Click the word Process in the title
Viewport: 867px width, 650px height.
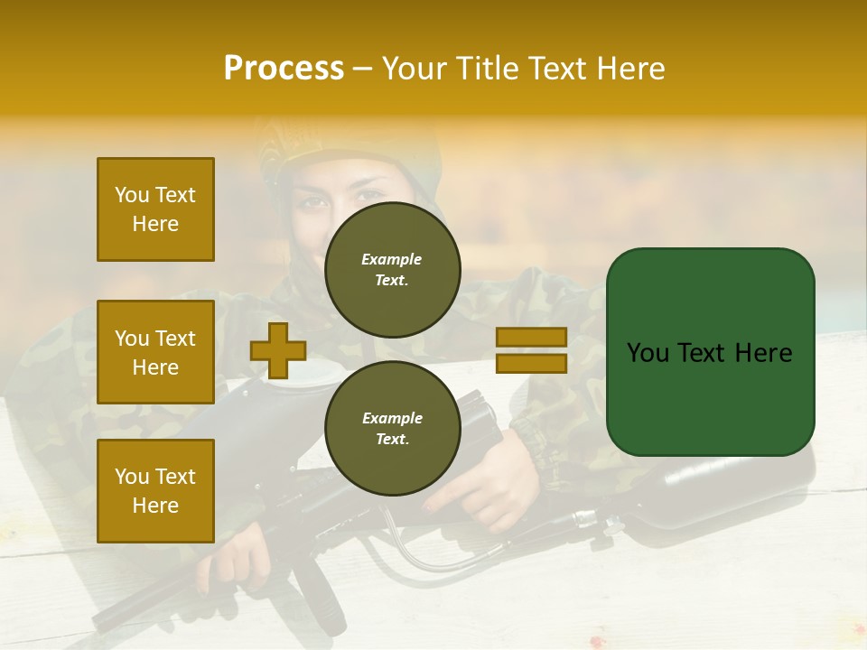tap(284, 69)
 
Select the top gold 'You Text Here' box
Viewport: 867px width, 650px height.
tap(155, 209)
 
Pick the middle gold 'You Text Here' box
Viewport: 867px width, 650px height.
tap(155, 352)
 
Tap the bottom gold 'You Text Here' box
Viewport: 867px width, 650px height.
tap(155, 491)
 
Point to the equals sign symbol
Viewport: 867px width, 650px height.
tap(531, 350)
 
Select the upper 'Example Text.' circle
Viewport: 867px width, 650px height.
tap(392, 270)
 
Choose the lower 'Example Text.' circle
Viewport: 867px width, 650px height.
tap(392, 429)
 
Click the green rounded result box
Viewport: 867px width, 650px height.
tap(710, 352)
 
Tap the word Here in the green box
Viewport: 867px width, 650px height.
tap(764, 353)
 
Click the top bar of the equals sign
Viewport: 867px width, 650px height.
tap(531, 338)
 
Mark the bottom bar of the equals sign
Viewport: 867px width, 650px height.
tap(531, 363)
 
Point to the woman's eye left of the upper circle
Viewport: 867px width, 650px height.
tap(315, 203)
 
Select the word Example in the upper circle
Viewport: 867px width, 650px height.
tap(391, 259)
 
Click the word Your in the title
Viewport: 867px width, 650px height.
tap(414, 69)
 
